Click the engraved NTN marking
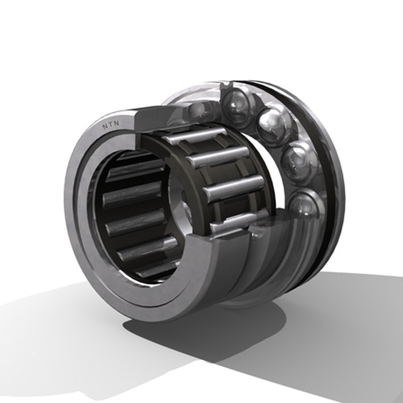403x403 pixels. [111, 124]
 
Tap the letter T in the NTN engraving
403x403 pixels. [111, 124]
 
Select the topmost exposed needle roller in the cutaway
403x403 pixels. [195, 135]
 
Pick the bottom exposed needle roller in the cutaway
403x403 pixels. [239, 221]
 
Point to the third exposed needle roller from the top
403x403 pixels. [234, 189]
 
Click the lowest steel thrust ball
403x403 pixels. [306, 204]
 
